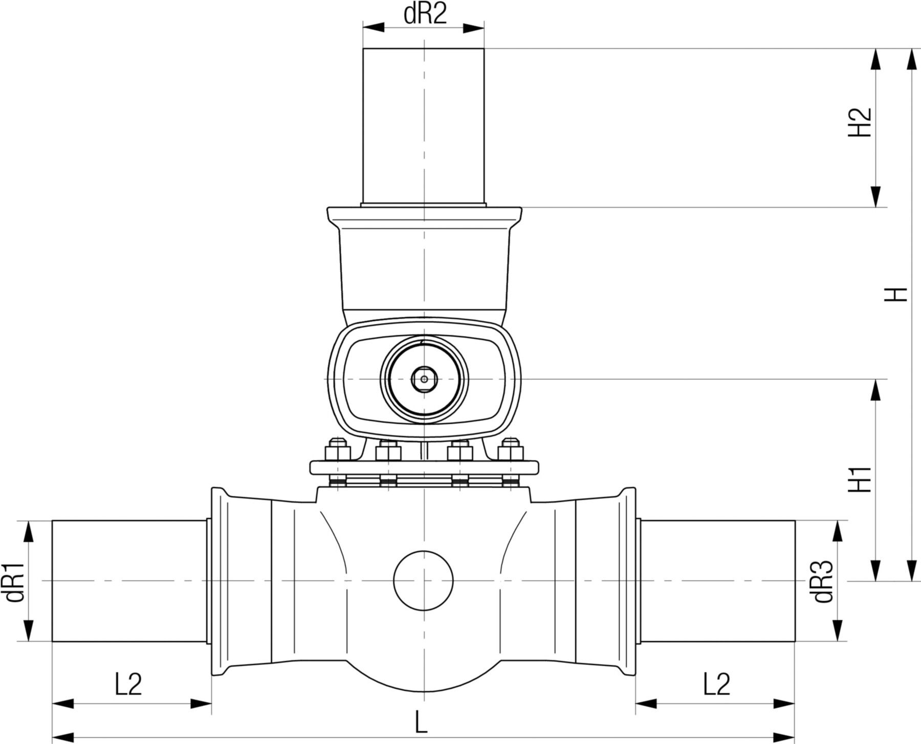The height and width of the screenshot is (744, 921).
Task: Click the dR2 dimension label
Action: pos(425,14)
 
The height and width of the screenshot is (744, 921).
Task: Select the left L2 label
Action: pos(128,684)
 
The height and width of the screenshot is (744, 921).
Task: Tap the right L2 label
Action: pos(716,684)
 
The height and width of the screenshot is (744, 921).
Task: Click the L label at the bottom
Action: pos(421,723)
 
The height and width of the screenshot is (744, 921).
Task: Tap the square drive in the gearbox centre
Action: pos(424,379)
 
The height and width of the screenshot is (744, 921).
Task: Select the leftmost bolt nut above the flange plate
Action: pos(337,450)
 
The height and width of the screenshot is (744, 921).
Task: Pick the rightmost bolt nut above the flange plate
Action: pos(511,450)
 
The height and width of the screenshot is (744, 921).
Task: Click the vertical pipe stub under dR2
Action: pos(424,125)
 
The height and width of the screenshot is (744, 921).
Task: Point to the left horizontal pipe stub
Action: pos(130,581)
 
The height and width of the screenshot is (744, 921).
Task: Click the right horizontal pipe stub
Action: pos(716,581)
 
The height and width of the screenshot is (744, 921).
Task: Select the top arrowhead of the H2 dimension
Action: pos(876,59)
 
